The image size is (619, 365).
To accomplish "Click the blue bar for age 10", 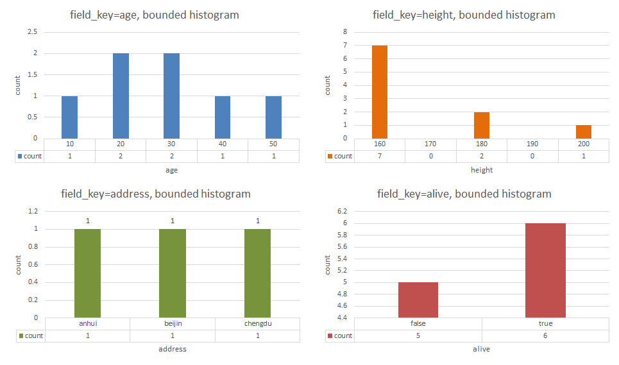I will pos(69,117).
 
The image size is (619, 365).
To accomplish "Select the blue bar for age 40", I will pos(222,117).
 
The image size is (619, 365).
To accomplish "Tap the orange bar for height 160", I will pos(380,92).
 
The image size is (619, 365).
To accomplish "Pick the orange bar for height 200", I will pos(583,132).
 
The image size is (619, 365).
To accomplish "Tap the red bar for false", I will pos(418,300).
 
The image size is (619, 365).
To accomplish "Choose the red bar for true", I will pos(545,270).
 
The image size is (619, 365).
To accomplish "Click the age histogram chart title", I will pos(155,15).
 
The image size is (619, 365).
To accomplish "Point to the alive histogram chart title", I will pos(464,194).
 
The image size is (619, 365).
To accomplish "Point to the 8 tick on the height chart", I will pos(345,31).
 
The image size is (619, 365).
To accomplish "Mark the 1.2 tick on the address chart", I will pos(32,211).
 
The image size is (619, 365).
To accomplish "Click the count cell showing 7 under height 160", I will pos(380,156).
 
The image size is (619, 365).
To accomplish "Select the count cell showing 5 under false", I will pos(418,335).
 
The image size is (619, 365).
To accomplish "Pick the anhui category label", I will pos(87,323).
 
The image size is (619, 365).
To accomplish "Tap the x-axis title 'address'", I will pos(173,349).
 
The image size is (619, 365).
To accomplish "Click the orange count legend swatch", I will pos(330,156).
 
